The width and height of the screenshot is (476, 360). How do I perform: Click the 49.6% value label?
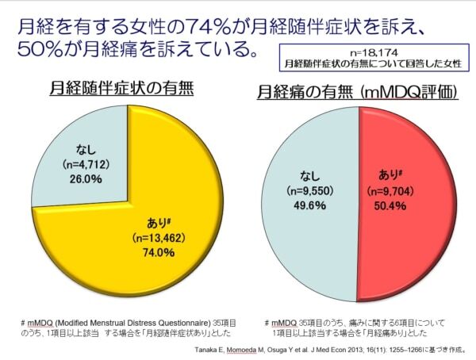pyautogui.click(x=305, y=205)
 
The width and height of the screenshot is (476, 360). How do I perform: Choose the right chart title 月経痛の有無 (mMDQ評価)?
pyautogui.click(x=358, y=93)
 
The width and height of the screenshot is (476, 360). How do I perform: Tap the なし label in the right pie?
pyautogui.click(x=307, y=177)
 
